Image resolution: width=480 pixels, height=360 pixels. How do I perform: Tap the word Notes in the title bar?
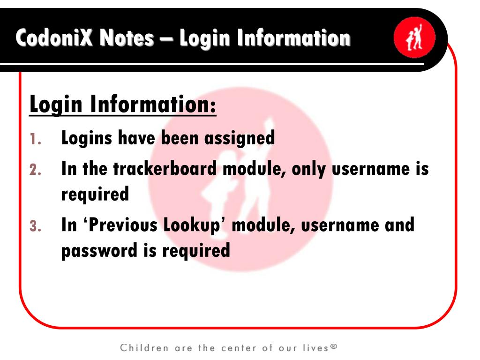[126, 38]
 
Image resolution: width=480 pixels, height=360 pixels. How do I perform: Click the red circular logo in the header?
[414, 38]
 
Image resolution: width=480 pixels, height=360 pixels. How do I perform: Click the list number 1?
[36, 139]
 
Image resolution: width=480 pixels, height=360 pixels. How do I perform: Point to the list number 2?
[36, 170]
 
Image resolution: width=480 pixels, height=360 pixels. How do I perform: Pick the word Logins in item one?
[87, 139]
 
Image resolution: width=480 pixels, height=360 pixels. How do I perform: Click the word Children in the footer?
[144, 348]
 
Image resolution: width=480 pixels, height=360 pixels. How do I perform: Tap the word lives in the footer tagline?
[315, 348]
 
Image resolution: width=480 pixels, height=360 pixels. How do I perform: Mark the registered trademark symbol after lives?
[333, 347]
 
